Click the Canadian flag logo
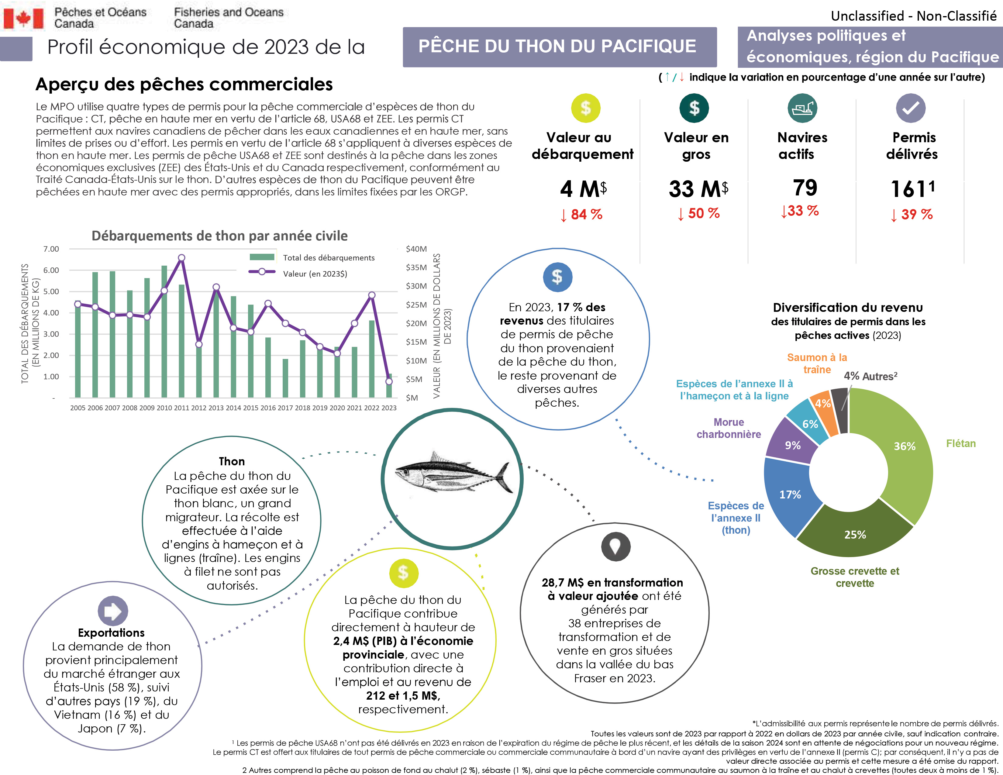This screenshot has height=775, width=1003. point(23,18)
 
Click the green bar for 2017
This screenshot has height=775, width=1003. point(285,378)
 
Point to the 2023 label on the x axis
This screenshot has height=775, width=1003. point(388,408)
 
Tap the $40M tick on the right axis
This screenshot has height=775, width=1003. point(416,249)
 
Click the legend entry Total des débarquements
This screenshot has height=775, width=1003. point(328,257)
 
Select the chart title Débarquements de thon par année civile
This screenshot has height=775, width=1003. point(219,236)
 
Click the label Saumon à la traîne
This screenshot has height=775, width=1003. point(817,363)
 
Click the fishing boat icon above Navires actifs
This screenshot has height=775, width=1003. point(802,108)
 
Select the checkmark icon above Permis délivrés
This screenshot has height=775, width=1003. point(910,108)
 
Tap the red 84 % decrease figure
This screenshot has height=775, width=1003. point(586,214)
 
